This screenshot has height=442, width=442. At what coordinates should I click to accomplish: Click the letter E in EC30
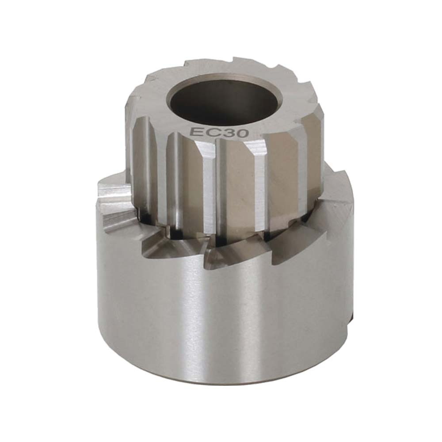[x=194, y=132]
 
